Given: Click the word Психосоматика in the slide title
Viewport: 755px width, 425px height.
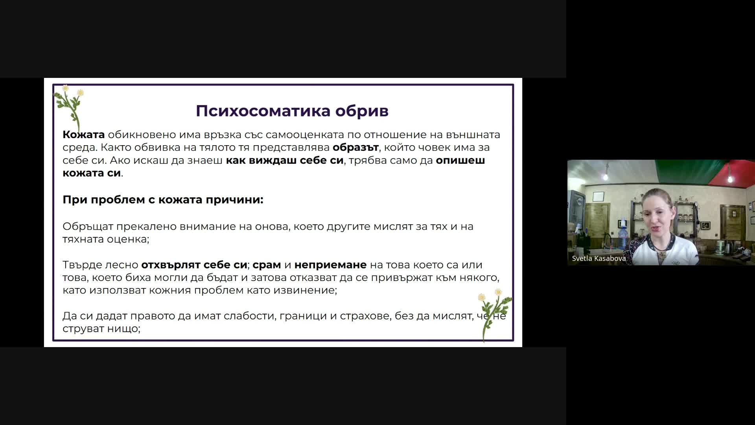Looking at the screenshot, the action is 263,111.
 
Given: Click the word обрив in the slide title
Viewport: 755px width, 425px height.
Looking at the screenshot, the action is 362,111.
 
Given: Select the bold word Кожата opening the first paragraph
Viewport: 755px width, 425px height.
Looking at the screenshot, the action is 84,135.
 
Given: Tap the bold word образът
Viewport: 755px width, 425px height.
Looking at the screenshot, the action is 355,147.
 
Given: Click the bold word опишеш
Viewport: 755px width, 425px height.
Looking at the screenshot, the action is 460,160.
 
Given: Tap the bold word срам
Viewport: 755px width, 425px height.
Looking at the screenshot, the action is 267,265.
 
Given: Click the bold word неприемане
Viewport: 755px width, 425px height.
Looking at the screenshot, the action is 330,265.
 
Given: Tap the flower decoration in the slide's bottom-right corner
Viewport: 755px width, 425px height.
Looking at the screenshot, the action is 494,315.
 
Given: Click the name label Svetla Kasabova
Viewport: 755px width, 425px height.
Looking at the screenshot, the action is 599,259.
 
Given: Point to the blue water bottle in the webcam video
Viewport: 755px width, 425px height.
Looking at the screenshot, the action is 623,235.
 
